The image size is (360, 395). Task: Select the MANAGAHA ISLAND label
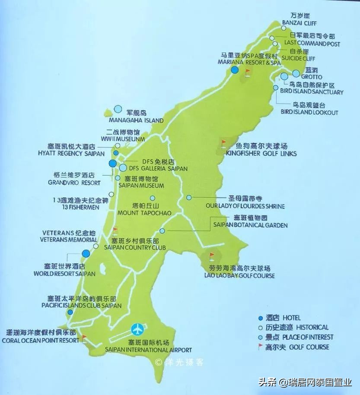(x=136, y=120)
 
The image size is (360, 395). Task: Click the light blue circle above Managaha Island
(x=118, y=110)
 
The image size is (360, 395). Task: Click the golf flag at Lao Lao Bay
(x=212, y=256)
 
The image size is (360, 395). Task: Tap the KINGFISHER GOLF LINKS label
(x=261, y=154)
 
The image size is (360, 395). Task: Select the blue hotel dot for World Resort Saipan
(x=86, y=253)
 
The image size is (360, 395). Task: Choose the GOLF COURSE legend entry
(x=297, y=347)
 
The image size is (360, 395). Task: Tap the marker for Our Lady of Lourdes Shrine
(x=189, y=197)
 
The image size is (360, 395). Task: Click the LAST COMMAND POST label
(x=312, y=44)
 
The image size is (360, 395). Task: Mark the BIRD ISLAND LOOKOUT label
(x=309, y=112)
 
